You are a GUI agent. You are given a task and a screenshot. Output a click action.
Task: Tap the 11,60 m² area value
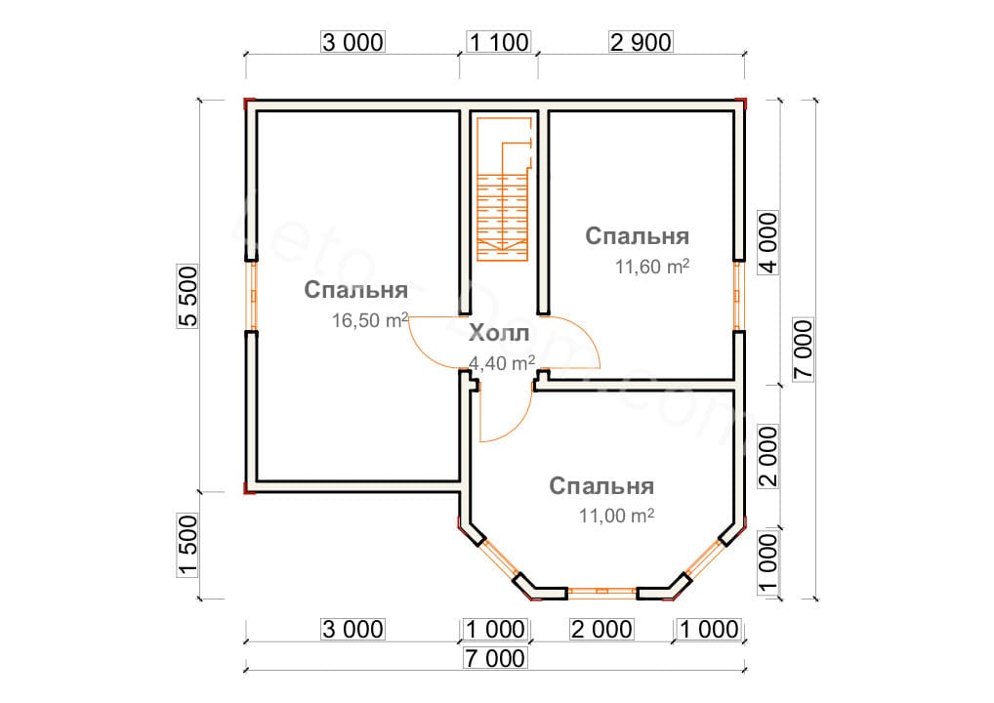652,268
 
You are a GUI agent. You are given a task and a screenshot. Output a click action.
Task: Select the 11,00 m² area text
615,516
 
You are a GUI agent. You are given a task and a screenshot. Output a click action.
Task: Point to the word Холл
499,333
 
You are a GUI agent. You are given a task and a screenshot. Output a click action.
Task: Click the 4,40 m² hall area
502,363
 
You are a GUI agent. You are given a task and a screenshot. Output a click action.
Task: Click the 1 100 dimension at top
498,42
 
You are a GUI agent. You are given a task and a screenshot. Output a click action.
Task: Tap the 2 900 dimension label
641,42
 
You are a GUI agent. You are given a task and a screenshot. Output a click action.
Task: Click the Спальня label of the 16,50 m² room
355,291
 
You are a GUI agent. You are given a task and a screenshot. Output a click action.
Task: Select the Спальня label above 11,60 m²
638,236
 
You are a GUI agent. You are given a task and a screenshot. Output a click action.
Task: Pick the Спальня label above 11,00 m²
601,486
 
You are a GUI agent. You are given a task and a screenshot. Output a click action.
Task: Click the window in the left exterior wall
251,296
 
